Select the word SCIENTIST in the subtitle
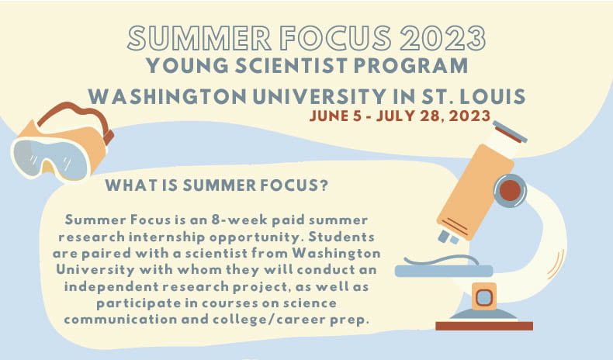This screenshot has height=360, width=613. click(282, 67)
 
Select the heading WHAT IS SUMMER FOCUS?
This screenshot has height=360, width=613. click(216, 186)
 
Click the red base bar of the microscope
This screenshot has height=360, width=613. click(483, 325)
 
